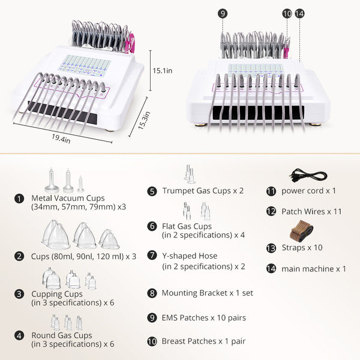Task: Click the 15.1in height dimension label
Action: pos(163,71)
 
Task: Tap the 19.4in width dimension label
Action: pos(61,139)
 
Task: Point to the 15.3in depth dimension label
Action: pos(144,120)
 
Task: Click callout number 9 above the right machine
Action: pos(223,14)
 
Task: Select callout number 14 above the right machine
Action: pos(299,14)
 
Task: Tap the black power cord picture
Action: pos(308,175)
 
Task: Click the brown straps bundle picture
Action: pos(301,231)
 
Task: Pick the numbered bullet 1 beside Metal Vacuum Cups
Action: pos(19,199)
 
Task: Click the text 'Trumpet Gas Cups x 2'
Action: pos(203,191)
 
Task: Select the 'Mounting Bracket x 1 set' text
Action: pos(208,293)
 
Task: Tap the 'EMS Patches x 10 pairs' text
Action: pos(203,318)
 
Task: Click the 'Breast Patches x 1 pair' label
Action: pos(203,341)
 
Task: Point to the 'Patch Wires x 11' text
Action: pos(311,211)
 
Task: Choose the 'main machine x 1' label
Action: pos(314,269)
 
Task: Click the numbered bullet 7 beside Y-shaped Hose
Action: pos(152,256)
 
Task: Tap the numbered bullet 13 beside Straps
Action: pos(271,248)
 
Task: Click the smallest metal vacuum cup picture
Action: pos(80,184)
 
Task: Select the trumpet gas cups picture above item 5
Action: pos(190,174)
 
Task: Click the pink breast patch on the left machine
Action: pos(131,43)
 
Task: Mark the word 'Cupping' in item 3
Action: pos(47,295)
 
